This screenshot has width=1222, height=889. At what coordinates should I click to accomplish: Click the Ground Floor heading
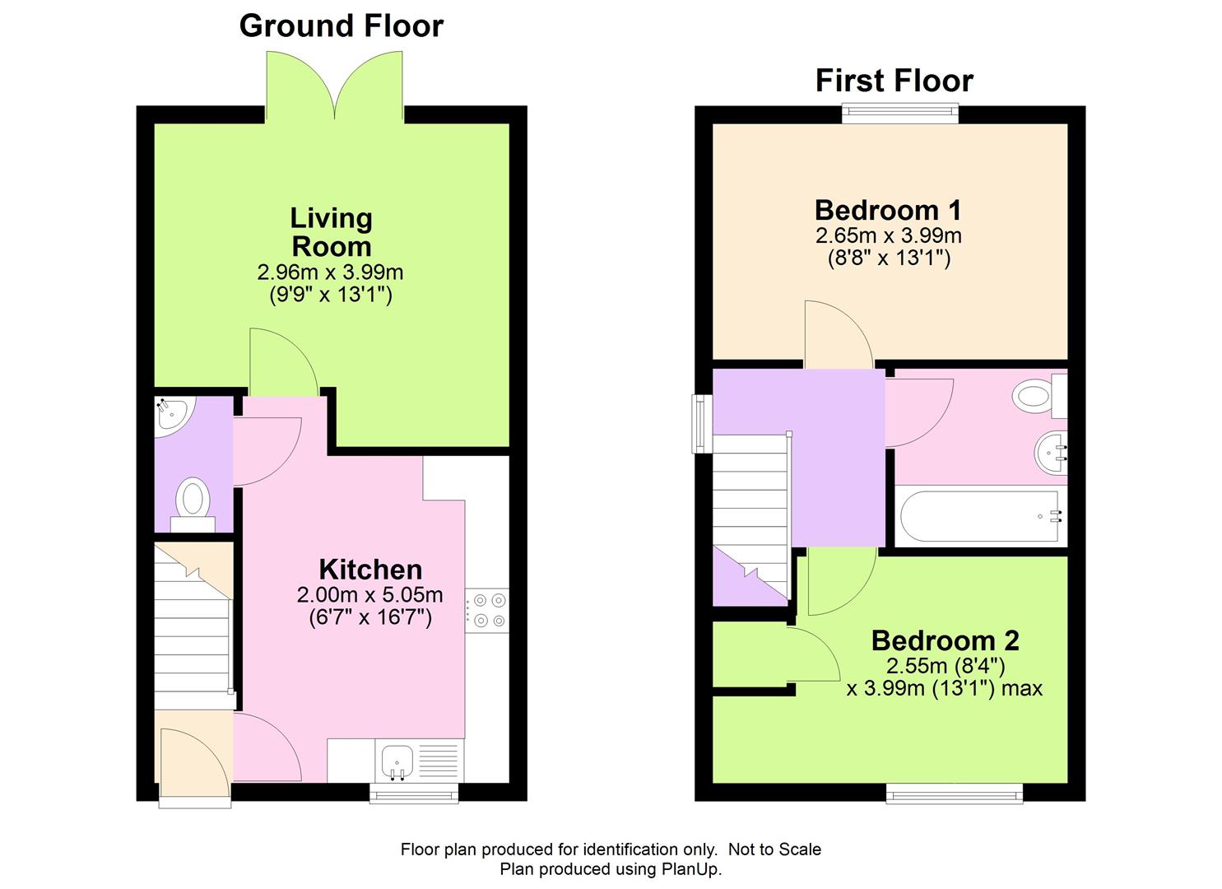[341, 26]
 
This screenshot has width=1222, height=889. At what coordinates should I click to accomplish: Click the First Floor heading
[894, 81]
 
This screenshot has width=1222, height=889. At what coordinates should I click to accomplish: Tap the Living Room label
[332, 232]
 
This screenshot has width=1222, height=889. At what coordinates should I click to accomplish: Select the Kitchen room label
[370, 569]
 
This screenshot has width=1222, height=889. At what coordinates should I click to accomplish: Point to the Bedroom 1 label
[888, 210]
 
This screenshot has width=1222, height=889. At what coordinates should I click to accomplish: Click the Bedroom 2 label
[945, 640]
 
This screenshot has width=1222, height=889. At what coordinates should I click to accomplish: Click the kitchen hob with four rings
[487, 611]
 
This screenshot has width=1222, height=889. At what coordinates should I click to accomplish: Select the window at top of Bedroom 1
[900, 114]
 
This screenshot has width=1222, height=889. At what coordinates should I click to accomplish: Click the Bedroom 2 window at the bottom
[955, 793]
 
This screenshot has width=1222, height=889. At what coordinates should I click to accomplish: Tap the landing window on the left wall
[702, 423]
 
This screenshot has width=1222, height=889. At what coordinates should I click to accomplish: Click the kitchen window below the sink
[414, 793]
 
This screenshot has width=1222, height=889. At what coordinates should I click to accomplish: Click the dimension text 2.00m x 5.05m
[369, 594]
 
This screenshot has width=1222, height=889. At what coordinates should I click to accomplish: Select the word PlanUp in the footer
[690, 869]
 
